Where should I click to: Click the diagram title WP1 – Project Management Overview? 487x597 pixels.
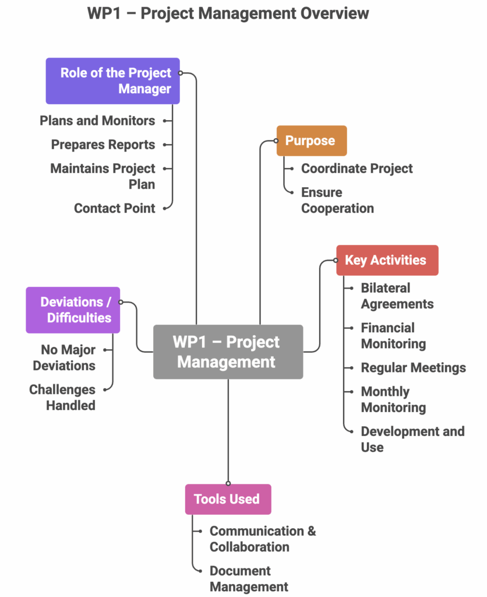point(228,13)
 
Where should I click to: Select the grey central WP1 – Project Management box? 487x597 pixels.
point(228,352)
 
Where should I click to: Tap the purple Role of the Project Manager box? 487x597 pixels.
point(112,80)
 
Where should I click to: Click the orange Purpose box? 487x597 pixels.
point(312,141)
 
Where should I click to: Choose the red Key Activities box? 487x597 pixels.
point(387,260)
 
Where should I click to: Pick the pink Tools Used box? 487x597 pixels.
point(228,499)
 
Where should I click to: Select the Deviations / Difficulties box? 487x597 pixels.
point(73,310)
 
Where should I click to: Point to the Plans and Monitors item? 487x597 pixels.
point(97,121)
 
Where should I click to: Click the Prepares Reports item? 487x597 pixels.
point(103,145)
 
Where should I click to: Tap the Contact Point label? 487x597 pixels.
point(115,208)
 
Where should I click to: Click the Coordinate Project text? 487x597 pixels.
point(357,168)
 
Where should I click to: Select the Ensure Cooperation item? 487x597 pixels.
point(337,201)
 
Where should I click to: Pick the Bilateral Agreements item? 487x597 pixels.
point(397,296)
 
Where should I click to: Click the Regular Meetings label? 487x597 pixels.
point(414,368)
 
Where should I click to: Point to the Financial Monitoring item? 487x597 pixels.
point(393,335)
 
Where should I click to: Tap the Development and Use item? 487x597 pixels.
point(413,440)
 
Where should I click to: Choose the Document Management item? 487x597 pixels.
point(249,579)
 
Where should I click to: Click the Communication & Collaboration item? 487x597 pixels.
point(263,539)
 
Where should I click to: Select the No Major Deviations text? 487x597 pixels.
point(64,357)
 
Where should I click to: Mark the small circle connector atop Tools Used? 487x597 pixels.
point(228,483)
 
